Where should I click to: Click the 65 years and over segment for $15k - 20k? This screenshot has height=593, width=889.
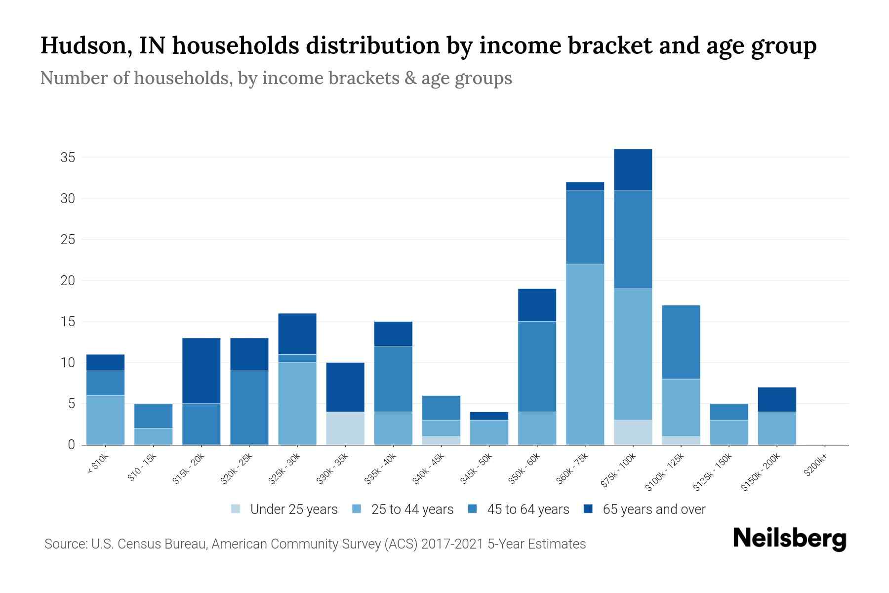pos(201,371)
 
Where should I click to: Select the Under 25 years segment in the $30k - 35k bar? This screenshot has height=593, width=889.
pos(345,428)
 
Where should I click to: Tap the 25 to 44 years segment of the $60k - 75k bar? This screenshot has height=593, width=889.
pos(585,354)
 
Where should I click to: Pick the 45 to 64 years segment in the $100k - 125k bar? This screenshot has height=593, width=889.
pos(681,342)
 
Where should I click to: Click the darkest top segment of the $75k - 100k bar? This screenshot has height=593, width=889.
pos(633,169)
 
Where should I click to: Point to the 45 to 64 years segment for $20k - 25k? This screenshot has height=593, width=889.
pos(249,407)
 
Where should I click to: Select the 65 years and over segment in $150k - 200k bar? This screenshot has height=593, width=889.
pos(777,399)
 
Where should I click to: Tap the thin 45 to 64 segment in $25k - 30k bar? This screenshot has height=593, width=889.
pos(297,358)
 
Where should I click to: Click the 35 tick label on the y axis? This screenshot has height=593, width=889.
pos(68,158)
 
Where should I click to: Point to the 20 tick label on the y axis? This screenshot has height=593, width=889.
pos(68,281)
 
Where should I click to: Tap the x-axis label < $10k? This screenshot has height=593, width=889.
pos(98,464)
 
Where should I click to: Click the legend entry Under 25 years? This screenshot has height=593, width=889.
pos(293,509)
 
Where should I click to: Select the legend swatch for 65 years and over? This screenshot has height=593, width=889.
pos(588,509)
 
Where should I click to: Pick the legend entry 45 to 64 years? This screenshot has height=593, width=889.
pos(527,509)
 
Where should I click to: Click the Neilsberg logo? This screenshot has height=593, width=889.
pos(789,539)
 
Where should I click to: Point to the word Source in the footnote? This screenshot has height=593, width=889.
pos(64,544)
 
